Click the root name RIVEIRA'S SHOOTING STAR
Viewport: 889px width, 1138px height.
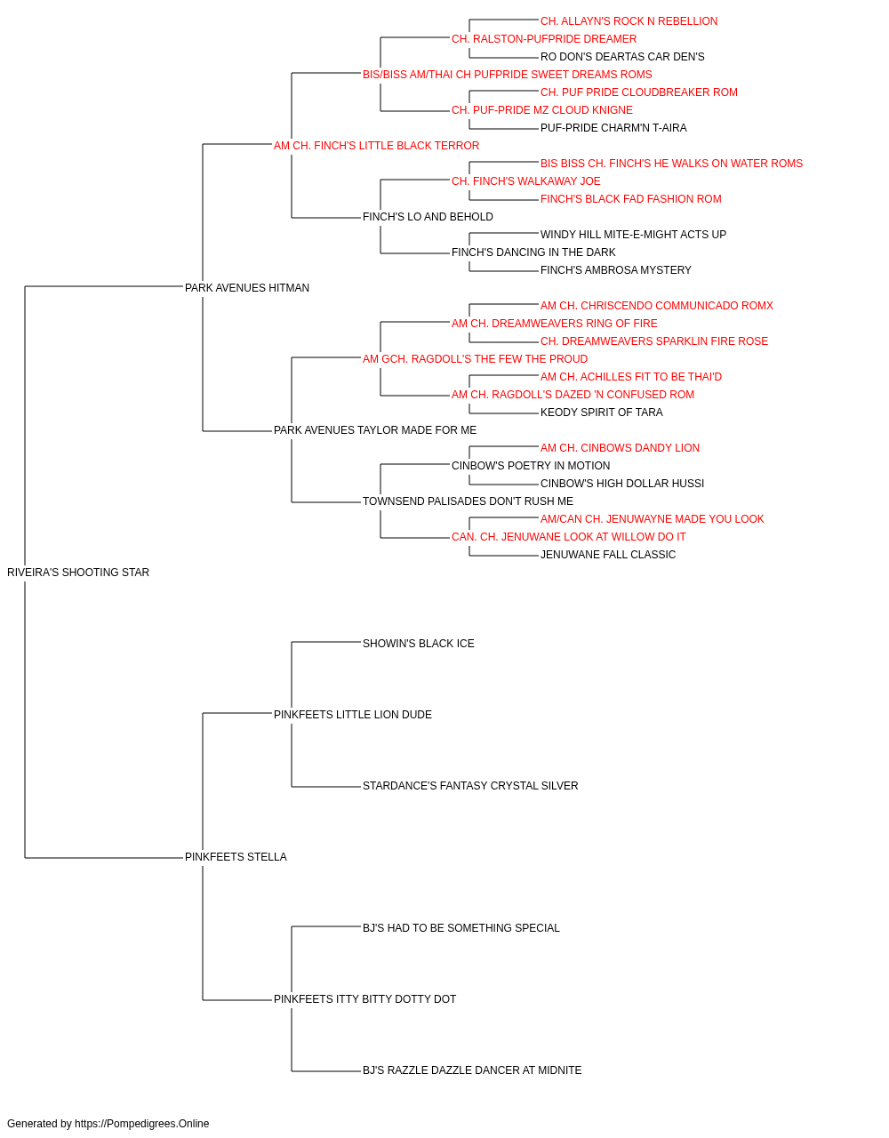coord(78,573)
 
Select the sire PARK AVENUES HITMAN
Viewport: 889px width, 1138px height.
coord(247,288)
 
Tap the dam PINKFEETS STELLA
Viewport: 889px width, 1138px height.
coord(236,857)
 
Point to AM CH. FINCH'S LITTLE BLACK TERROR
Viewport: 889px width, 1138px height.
coord(376,146)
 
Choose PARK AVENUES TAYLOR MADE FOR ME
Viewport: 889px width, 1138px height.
coord(375,430)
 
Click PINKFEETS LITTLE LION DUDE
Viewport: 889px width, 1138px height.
coord(353,715)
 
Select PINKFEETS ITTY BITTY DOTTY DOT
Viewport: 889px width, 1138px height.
coord(364,999)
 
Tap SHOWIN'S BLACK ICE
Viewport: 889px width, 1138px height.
coord(419,644)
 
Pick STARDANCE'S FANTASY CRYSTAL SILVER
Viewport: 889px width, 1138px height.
coord(470,786)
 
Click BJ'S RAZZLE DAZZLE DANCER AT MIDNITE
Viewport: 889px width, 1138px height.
coord(472,1070)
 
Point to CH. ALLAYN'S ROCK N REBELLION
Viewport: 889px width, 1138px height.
coord(629,21)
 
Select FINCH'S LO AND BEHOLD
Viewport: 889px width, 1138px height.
coord(428,217)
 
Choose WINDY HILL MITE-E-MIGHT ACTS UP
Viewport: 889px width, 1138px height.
coord(633,235)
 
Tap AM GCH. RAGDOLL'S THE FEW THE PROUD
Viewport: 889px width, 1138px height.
coord(475,359)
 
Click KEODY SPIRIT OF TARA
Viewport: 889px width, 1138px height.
coord(602,413)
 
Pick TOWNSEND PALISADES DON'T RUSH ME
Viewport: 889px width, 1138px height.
coord(469,501)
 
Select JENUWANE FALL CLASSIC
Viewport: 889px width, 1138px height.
coord(608,555)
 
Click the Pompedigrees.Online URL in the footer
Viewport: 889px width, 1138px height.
coord(142,1124)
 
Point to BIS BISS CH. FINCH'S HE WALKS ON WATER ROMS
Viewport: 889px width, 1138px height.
coord(671,164)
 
